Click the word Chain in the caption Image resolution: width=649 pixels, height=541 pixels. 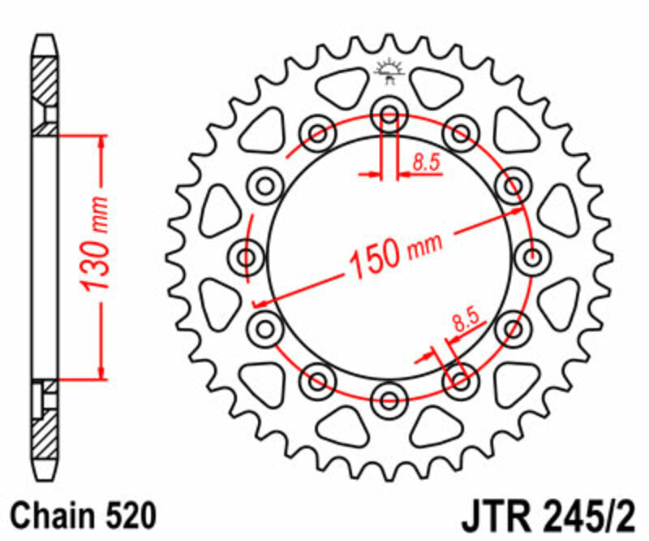pyautogui.click(x=53, y=515)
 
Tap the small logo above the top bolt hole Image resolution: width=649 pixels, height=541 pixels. pyautogui.click(x=389, y=73)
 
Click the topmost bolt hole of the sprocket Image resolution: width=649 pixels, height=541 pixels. pyautogui.click(x=389, y=115)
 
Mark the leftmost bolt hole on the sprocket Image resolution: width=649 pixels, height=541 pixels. pyautogui.click(x=247, y=258)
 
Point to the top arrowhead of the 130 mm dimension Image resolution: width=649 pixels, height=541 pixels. pyautogui.click(x=101, y=141)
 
